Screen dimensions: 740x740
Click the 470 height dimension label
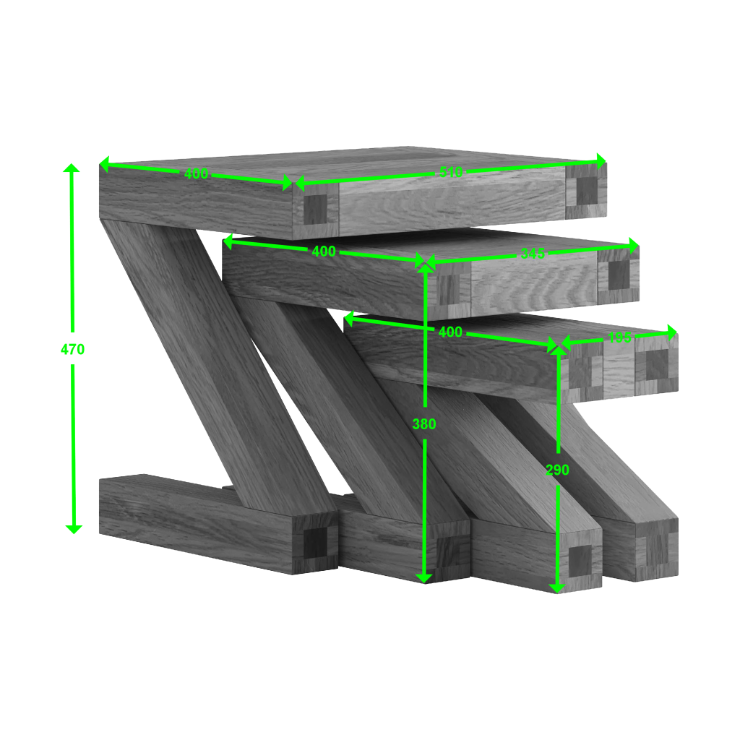(x=72, y=349)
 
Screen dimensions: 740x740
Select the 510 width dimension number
(x=451, y=172)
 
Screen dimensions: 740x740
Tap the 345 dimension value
(x=533, y=254)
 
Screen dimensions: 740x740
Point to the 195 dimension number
(x=619, y=337)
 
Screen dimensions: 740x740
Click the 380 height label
(x=424, y=424)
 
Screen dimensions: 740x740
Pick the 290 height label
(x=557, y=470)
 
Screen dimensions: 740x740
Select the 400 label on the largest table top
(x=196, y=173)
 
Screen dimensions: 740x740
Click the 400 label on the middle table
(x=323, y=251)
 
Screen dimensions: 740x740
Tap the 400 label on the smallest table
(x=450, y=332)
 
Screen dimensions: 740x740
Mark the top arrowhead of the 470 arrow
(x=71, y=168)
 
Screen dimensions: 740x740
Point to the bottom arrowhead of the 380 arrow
(x=424, y=577)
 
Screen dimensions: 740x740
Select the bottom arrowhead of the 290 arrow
(x=556, y=588)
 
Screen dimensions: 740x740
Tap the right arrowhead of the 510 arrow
(x=601, y=159)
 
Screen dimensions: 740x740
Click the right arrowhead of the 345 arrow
(x=634, y=246)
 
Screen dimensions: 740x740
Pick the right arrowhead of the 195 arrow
(x=673, y=332)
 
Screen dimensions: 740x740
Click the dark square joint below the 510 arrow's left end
(x=315, y=210)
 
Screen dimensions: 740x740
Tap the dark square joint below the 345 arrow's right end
(x=619, y=274)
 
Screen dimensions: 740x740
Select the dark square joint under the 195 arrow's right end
(x=656, y=364)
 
